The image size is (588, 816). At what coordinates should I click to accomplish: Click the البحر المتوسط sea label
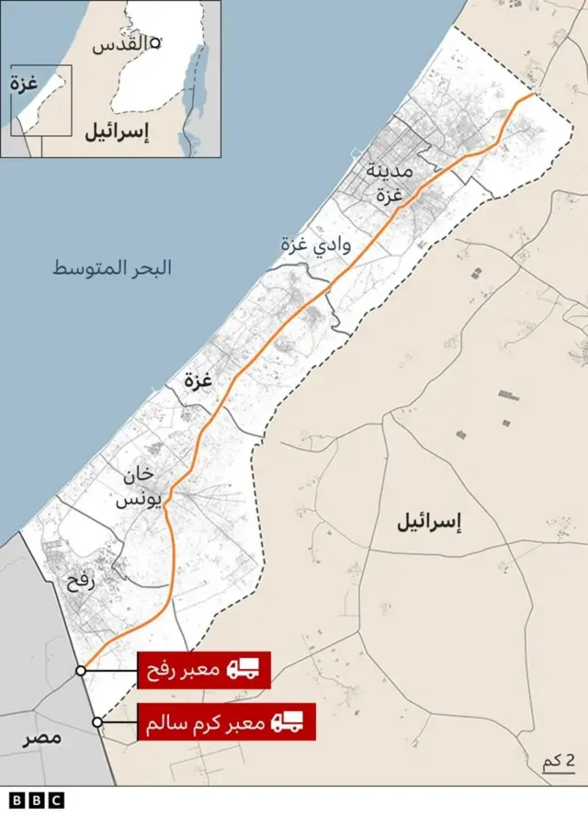coord(112,269)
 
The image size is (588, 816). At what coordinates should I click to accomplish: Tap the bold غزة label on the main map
coord(198,380)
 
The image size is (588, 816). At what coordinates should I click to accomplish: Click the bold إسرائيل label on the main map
coord(428,523)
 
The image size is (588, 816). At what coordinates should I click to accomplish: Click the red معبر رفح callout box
coord(203,670)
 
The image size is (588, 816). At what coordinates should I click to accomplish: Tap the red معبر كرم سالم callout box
coord(225,722)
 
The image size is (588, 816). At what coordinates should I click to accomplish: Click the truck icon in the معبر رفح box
coord(243,670)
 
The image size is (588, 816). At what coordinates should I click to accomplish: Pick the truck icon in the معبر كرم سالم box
coord(288,722)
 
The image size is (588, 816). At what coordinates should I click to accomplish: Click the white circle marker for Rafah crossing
coord(81,671)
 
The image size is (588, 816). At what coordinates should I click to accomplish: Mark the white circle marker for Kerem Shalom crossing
coord(97,723)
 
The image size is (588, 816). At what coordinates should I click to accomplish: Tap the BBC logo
coord(38,800)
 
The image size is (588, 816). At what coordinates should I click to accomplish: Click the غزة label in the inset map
coord(24,83)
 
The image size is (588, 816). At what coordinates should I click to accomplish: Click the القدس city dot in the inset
coord(156,42)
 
